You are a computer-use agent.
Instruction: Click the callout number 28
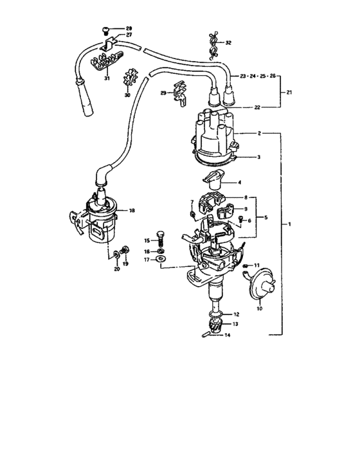point(129,29)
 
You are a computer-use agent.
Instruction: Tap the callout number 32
point(228,42)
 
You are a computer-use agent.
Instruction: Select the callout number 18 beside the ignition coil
point(132,210)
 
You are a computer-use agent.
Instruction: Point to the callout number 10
point(259,309)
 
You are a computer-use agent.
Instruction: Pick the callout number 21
point(289,93)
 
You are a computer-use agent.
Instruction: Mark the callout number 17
point(147,260)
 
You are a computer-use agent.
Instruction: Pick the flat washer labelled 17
point(160,260)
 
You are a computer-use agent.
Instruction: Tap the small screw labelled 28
point(106,29)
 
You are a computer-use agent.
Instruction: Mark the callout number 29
point(163,94)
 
